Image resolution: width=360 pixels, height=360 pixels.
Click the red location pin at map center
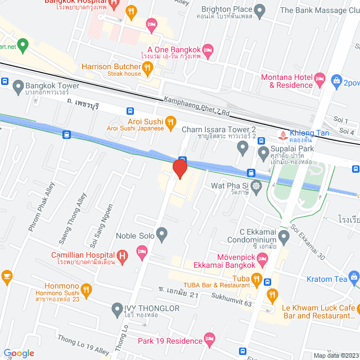coord(179,169)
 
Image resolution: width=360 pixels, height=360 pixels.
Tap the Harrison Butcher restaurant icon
coord(148,69)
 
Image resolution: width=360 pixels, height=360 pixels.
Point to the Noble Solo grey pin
coord(162,233)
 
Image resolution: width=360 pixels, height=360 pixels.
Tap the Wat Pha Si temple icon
coord(256,186)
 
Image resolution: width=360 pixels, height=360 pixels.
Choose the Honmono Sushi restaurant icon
coord(86,290)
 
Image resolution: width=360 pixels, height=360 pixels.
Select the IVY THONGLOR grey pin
coord(117,308)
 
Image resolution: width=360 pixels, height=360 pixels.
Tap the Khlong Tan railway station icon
coord(282,135)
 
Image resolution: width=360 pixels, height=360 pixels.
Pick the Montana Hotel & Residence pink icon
coord(321,78)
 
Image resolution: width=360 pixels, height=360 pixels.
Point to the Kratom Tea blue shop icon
coord(354,276)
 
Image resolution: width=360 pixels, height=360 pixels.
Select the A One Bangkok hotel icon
coord(207,51)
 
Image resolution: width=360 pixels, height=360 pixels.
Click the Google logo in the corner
coord(19,353)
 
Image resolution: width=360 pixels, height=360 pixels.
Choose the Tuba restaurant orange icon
coord(256,278)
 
